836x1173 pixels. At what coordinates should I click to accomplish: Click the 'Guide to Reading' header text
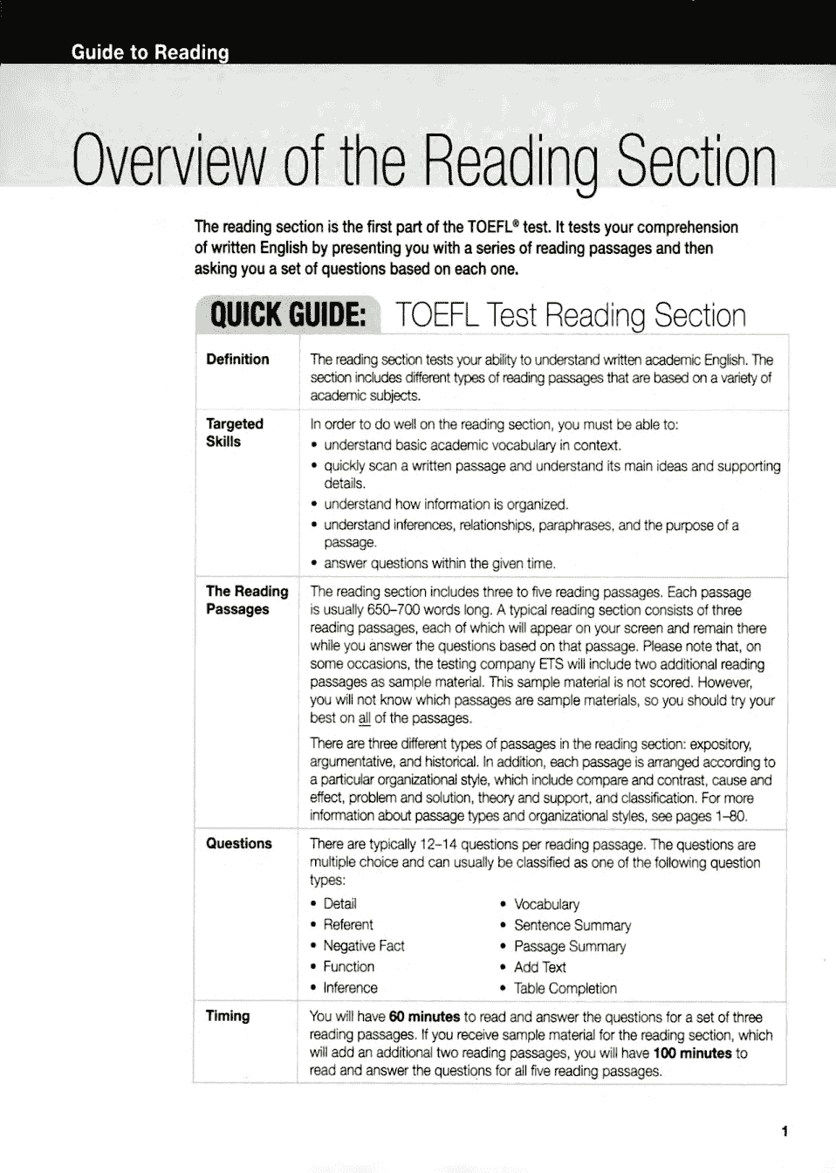(150, 52)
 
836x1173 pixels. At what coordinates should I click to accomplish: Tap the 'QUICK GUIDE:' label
(288, 315)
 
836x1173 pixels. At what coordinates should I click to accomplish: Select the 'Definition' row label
(237, 360)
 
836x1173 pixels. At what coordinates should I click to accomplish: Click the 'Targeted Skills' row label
(234, 433)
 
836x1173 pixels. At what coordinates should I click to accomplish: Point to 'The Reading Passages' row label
(246, 600)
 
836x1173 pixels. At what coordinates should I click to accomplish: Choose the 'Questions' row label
(238, 844)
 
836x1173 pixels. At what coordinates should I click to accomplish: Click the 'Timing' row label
(227, 1016)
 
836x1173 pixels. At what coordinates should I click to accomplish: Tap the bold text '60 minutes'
(424, 1017)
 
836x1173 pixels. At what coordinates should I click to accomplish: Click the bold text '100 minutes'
(692, 1053)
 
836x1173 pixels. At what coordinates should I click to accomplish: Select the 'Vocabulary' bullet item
(546, 904)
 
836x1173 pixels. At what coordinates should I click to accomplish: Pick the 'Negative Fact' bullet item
(363, 946)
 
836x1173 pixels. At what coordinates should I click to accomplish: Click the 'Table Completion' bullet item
(565, 989)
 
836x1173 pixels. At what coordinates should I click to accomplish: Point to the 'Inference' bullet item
(350, 988)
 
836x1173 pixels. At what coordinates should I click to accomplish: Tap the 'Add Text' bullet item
(539, 967)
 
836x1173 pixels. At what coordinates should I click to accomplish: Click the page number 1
(785, 1132)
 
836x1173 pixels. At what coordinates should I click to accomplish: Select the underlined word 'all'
(365, 718)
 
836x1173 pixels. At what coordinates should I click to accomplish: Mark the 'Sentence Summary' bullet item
(572, 925)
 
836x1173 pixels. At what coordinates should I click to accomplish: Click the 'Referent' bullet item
(347, 925)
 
